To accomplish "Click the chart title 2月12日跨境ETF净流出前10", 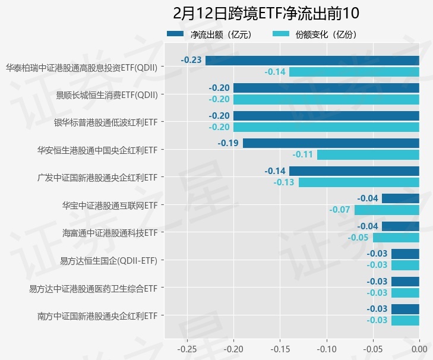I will pyautogui.click(x=266, y=13).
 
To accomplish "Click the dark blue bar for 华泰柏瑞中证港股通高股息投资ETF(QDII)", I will pyautogui.click(x=312, y=60).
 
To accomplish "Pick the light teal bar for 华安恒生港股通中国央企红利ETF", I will pyautogui.click(x=368, y=155).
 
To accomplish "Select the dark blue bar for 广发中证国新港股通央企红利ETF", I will pyautogui.click(x=354, y=171).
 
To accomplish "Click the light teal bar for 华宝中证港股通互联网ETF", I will pyautogui.click(x=387, y=210).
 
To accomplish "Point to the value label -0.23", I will pyautogui.click(x=191, y=60).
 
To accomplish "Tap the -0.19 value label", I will pyautogui.click(x=228, y=143).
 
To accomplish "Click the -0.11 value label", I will pyautogui.click(x=303, y=155).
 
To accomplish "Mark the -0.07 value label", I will pyautogui.click(x=340, y=210).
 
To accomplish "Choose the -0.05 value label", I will pyautogui.click(x=358, y=238).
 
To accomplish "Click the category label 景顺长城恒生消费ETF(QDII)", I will pyautogui.click(x=107, y=94).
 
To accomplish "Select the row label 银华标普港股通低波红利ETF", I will pyautogui.click(x=105, y=122).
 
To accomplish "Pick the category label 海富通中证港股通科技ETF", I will pyautogui.click(x=110, y=232).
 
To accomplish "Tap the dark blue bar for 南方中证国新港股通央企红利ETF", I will pyautogui.click(x=405, y=309).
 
